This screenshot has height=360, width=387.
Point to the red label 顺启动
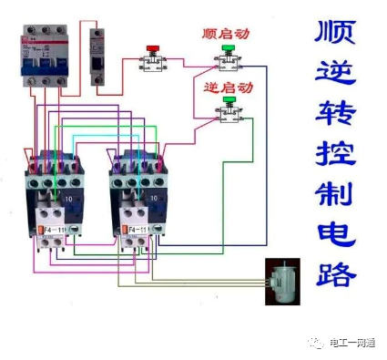[226, 34]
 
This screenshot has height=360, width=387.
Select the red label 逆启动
[226, 87]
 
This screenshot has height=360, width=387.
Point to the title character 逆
[334, 76]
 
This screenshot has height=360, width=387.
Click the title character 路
[334, 271]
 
